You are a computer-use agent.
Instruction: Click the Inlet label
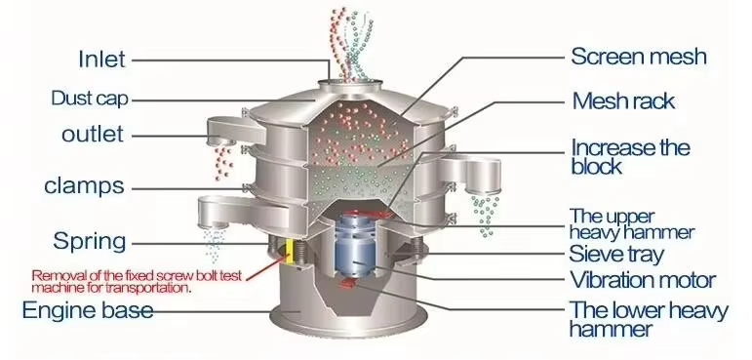(x=101, y=60)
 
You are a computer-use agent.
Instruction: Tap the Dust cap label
(x=90, y=99)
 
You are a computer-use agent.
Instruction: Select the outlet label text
(x=93, y=134)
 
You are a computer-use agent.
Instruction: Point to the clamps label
(x=84, y=185)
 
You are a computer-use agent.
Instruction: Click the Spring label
(x=90, y=241)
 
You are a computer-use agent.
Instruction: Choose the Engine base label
(x=88, y=310)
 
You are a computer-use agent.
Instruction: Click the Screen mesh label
(x=638, y=57)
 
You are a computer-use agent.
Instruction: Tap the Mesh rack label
(x=623, y=101)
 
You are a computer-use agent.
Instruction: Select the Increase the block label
(x=630, y=157)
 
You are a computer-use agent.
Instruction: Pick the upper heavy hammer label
(x=631, y=224)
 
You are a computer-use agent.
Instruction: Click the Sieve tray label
(x=616, y=254)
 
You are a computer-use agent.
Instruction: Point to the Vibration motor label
(x=642, y=279)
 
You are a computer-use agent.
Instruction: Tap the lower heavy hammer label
(x=648, y=320)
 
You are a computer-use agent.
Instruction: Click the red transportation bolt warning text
(x=137, y=282)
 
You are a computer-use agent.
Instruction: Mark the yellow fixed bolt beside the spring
(x=290, y=252)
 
